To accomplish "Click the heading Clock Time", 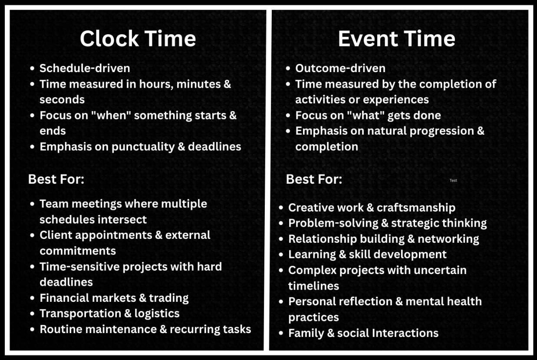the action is (x=138, y=39).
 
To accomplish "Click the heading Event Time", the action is (x=396, y=39).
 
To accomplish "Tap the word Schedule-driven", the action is (x=85, y=68).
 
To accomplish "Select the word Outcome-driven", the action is (x=340, y=68).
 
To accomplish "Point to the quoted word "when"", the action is (x=111, y=115).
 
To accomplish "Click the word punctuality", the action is (x=143, y=147).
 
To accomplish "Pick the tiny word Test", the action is (x=453, y=180).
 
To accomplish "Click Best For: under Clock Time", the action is (x=56, y=179).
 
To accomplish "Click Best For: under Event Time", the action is (x=314, y=179).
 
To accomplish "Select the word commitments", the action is (x=78, y=251).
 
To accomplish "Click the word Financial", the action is (x=64, y=298).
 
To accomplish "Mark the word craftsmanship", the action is (x=416, y=208).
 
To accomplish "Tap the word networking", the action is (x=448, y=239).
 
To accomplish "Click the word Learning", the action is (x=312, y=255).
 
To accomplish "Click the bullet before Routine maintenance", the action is (x=33, y=329).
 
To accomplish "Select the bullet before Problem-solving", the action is (x=281, y=223).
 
